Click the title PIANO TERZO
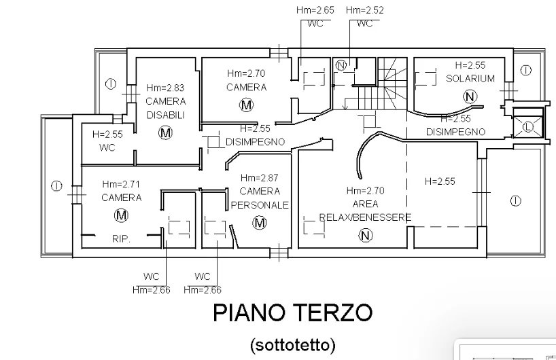click(292, 312)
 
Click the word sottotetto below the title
click(292, 344)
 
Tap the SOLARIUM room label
click(470, 79)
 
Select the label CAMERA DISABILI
click(166, 108)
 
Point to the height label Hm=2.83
click(165, 88)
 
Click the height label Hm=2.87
click(259, 177)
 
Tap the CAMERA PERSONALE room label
click(260, 198)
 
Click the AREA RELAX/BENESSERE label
click(365, 211)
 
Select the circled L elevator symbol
click(527, 126)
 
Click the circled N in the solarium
click(470, 96)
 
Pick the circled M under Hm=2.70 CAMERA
click(247, 105)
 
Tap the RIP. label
click(121, 239)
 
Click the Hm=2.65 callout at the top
click(315, 10)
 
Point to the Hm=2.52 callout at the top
click(365, 10)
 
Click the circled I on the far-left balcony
click(56, 186)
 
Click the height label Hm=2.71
click(121, 184)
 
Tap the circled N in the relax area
click(365, 236)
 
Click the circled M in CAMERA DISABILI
click(165, 133)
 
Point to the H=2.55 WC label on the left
click(107, 141)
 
